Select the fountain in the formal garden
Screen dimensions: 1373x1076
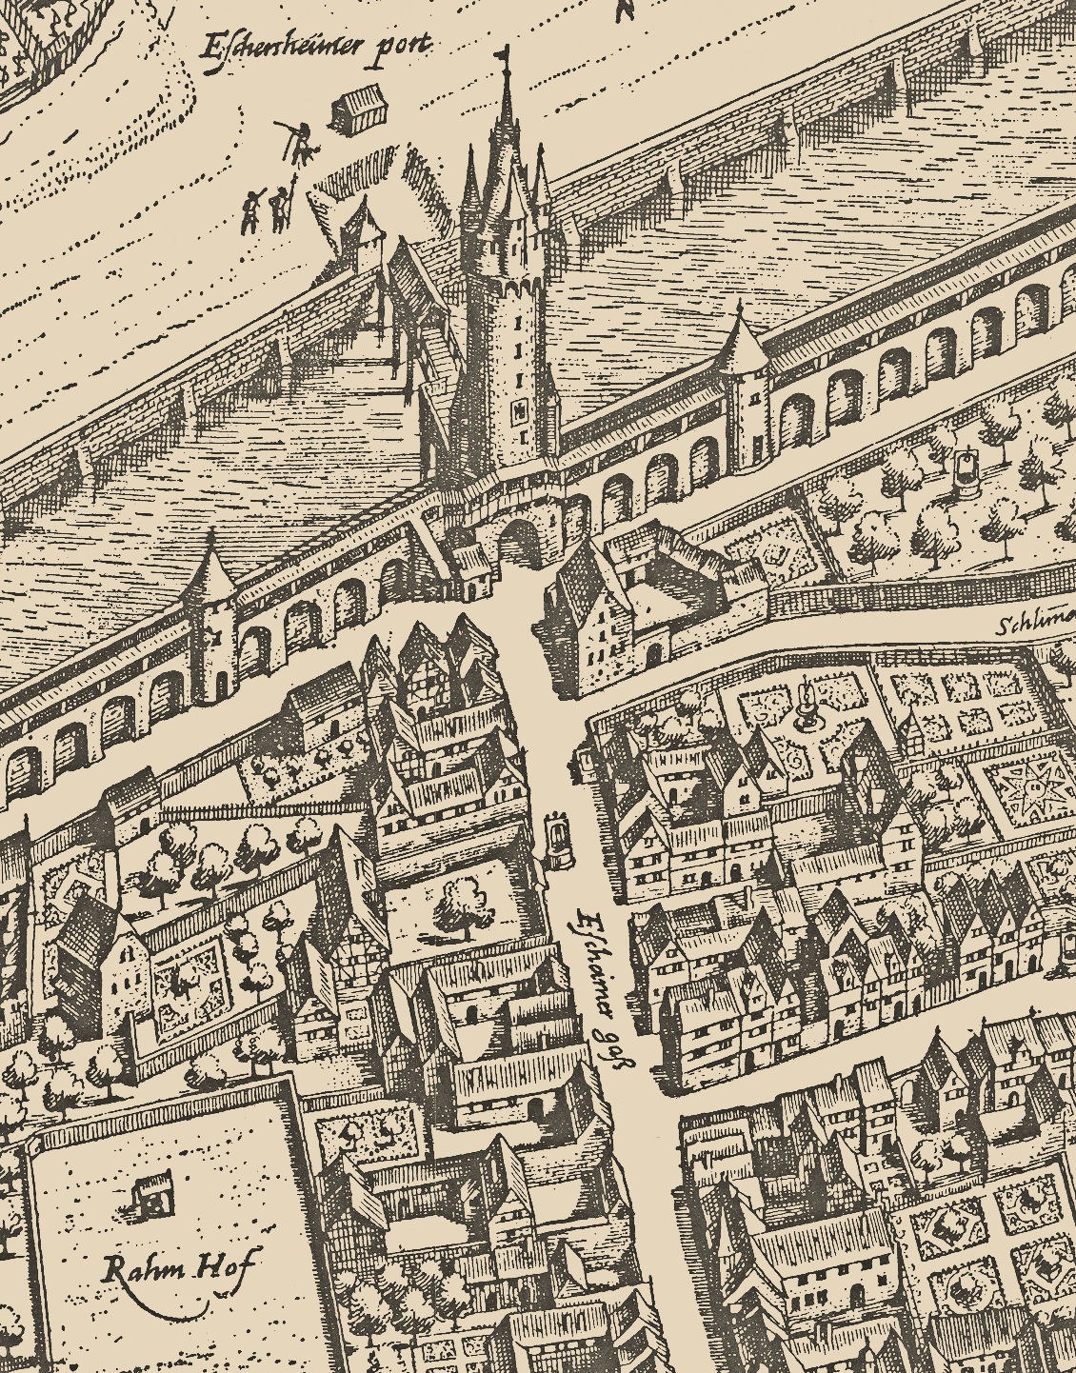[x=808, y=705]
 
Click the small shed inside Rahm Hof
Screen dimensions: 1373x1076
[x=149, y=1193]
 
